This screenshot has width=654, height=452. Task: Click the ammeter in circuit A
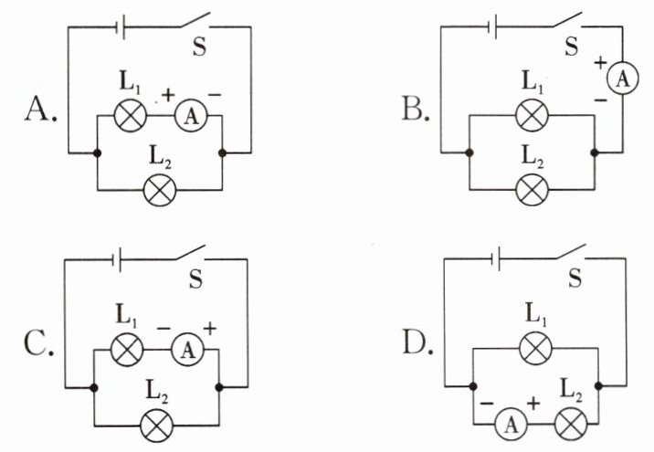tap(191, 116)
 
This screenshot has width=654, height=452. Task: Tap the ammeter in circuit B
tap(622, 78)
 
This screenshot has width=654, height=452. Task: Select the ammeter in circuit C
tap(187, 350)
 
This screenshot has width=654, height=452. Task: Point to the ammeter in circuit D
tap(511, 425)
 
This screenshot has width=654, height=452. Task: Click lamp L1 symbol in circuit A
tap(131, 115)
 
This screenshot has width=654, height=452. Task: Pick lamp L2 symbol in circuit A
tap(160, 190)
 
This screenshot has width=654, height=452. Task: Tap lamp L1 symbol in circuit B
tap(532, 115)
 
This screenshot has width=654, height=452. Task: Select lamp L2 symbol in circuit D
tap(571, 424)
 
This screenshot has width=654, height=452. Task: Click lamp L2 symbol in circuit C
tap(157, 426)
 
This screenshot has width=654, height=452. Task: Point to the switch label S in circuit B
tap(572, 47)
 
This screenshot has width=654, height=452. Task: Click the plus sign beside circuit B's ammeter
tap(600, 63)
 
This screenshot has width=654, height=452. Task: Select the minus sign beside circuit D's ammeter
tap(487, 404)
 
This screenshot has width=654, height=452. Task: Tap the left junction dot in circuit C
tap(94, 388)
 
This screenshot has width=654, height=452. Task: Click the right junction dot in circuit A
tap(222, 153)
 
